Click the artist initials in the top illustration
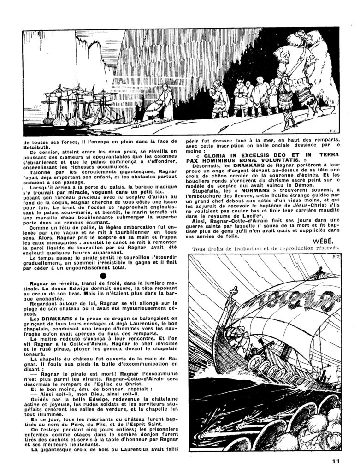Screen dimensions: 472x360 point(328,130)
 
